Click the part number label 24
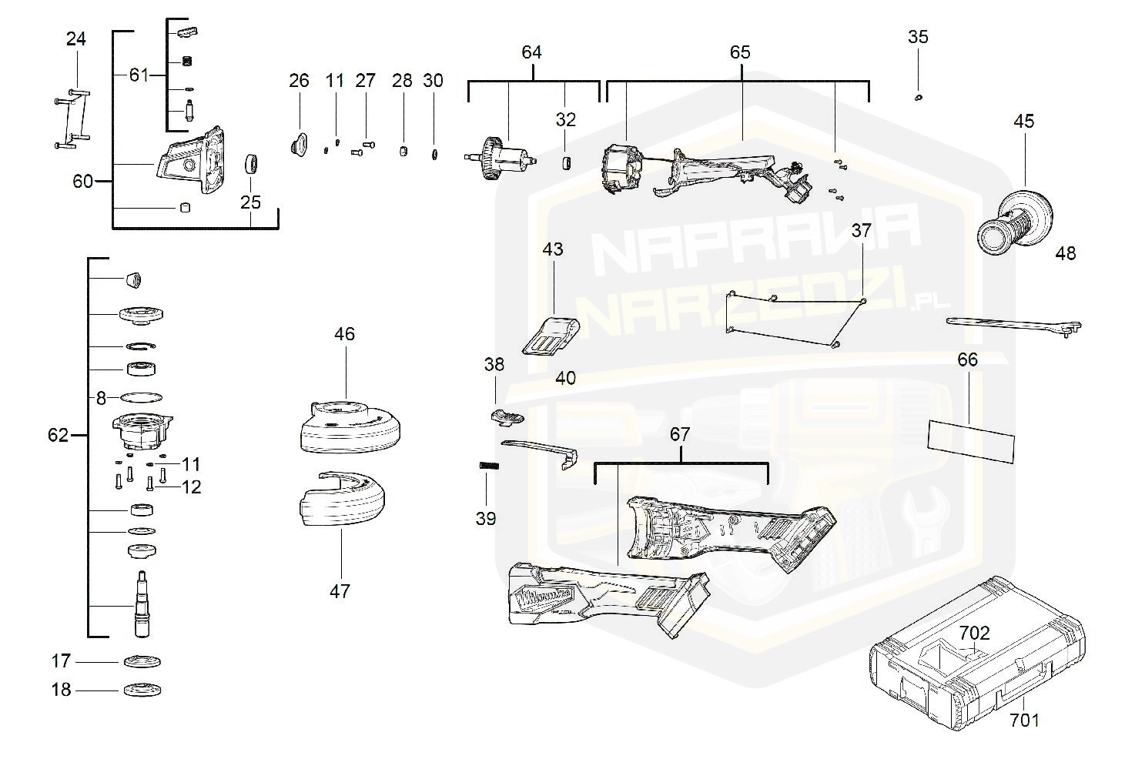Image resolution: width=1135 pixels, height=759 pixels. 75,38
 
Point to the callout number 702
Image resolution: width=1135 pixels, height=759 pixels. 974,634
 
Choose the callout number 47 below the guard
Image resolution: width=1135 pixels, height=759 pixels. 340,591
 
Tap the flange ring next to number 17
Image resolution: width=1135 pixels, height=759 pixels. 142,662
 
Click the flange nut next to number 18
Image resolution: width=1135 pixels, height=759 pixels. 142,690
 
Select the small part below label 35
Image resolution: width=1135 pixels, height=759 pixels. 919,97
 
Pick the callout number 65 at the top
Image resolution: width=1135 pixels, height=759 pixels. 739,52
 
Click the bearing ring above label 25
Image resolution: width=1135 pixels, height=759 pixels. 251,165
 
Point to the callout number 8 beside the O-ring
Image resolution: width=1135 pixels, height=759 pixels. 101,398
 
